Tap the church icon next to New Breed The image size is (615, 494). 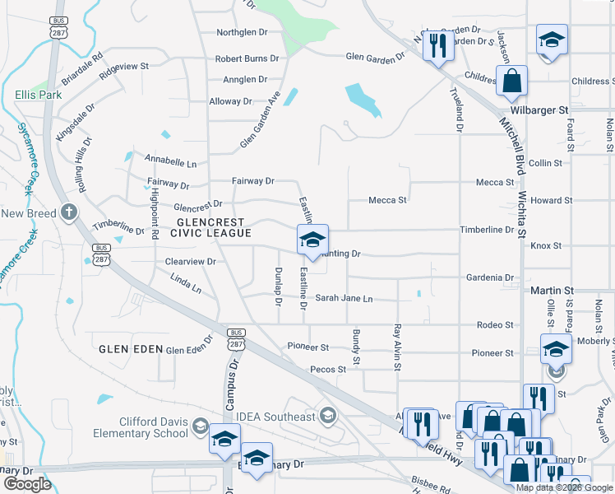click(x=70, y=213)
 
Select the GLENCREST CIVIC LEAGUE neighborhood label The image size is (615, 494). click(x=210, y=228)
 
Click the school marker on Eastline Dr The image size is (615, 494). click(x=312, y=240)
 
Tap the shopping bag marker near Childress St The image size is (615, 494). click(x=511, y=82)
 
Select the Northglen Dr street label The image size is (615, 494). click(x=242, y=32)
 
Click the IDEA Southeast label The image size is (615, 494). click(x=275, y=417)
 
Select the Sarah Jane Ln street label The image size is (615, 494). click(x=344, y=298)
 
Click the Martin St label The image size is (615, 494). click(x=552, y=291)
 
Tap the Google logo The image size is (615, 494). click(x=27, y=484)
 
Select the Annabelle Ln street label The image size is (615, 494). click(x=171, y=163)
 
